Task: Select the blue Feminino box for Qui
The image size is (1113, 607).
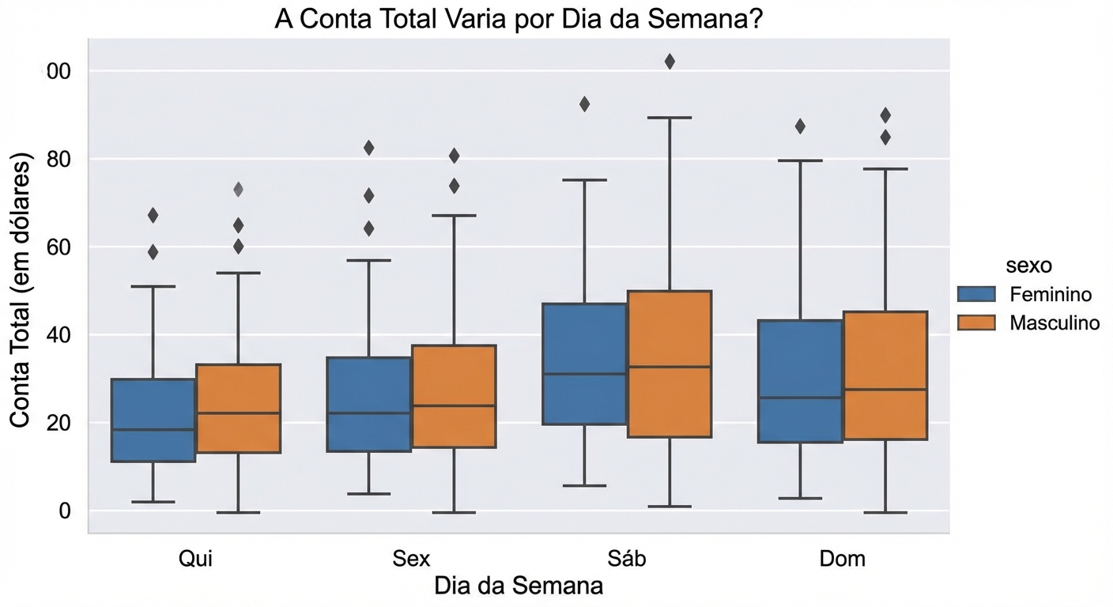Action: tap(153, 420)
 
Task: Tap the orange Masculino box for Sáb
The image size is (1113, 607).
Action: tap(670, 364)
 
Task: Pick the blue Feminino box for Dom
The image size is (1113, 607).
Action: tap(800, 381)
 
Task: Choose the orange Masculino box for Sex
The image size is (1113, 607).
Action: tap(454, 396)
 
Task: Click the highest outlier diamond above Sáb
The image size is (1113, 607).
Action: tap(670, 62)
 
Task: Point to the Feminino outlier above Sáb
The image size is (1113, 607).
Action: tap(584, 104)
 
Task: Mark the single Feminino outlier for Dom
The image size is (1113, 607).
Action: tap(800, 126)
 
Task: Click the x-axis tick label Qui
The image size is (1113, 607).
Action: tap(194, 559)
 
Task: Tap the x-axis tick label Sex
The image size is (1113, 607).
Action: tap(411, 559)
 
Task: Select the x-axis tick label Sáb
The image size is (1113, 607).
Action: tap(627, 559)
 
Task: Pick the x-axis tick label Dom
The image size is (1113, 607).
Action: tap(842, 559)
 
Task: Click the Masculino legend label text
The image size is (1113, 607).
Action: tap(1055, 322)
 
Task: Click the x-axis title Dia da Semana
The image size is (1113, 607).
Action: tap(518, 586)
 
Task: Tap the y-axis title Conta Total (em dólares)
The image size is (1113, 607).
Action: tap(21, 292)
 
